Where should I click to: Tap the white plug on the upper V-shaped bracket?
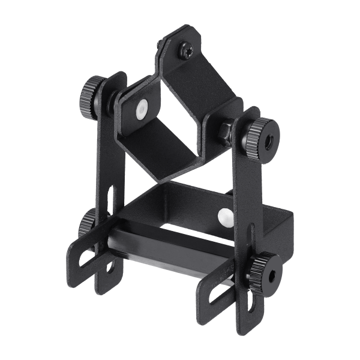click(142, 110)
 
